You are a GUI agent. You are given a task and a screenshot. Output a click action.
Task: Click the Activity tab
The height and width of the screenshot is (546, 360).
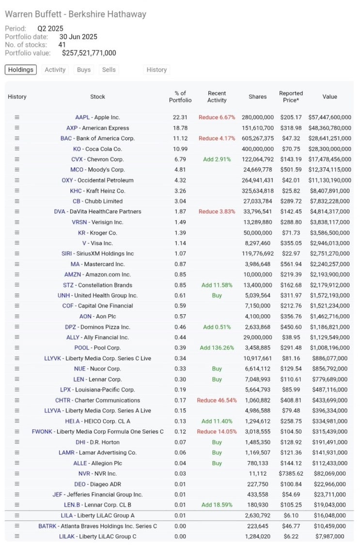[55, 70]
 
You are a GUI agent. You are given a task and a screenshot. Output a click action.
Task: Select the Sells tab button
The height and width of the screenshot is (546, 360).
[109, 70]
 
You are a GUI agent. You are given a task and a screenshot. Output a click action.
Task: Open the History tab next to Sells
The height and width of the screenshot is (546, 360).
[157, 70]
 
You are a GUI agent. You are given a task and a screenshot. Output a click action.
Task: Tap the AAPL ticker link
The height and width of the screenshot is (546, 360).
[82, 117]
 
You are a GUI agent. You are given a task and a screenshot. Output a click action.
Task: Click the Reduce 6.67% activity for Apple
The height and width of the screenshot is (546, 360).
[217, 117]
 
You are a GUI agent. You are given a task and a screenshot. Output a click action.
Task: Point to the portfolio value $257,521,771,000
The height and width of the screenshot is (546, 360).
[89, 53]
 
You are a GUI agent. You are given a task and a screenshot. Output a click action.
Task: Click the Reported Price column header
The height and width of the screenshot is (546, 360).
[291, 96]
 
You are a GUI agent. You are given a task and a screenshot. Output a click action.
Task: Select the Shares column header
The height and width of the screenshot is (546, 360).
[257, 96]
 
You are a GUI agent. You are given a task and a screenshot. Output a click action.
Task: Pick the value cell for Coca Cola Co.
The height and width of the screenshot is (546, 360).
[329, 149]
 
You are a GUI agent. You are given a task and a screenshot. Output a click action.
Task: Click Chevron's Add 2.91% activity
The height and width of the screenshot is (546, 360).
[217, 160]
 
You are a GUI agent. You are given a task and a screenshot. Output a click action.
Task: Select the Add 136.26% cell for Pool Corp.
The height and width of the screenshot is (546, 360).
[217, 348]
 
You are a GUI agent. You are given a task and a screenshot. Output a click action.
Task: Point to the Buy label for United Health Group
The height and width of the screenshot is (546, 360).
[217, 295]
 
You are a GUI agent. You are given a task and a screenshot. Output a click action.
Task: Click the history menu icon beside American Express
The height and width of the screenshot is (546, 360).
[17, 128]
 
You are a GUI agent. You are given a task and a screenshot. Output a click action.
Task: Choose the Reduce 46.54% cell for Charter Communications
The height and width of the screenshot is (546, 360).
[217, 401]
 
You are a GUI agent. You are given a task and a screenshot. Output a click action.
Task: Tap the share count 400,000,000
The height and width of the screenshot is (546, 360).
[257, 149]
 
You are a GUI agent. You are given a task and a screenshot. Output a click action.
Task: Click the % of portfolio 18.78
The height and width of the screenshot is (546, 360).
[180, 128]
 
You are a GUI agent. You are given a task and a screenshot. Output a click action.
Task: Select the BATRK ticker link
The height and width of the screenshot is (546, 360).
[48, 526]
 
